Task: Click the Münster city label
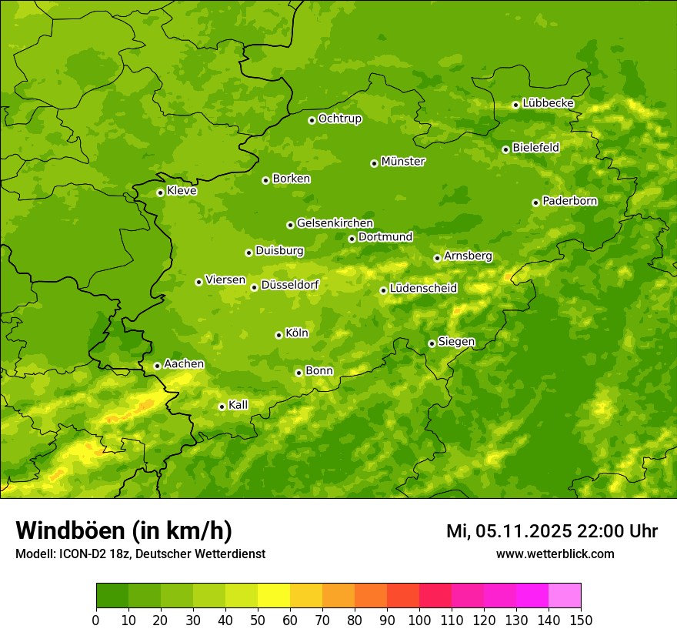coord(403,162)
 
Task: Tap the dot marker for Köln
coord(278,335)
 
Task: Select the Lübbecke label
coord(548,103)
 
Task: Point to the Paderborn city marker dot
coord(535,202)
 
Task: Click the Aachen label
coord(184,364)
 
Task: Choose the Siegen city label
coord(456,342)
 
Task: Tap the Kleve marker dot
coord(160,192)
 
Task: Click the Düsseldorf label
coord(289,285)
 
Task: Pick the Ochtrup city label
coord(339,119)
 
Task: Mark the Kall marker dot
coord(222,406)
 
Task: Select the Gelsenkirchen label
coord(335,223)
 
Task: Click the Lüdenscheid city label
coord(423,289)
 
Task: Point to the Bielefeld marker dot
coord(505,149)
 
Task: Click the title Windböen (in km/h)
coord(124,530)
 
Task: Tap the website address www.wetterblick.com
coord(555,554)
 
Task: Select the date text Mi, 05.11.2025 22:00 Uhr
coord(552,531)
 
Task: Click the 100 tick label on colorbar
coord(419,620)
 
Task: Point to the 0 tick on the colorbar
coord(96,620)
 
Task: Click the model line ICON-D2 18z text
coord(140,554)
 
